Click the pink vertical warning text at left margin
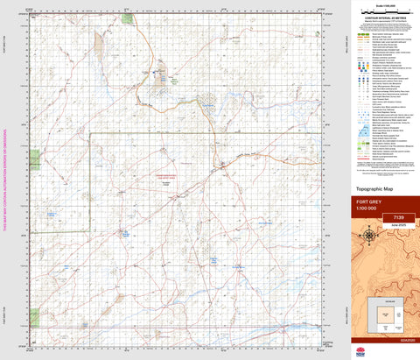(x=4, y=180)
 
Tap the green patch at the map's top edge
(x=128, y=18)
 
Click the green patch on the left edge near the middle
(x=35, y=159)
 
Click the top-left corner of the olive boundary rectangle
(x=91, y=132)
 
